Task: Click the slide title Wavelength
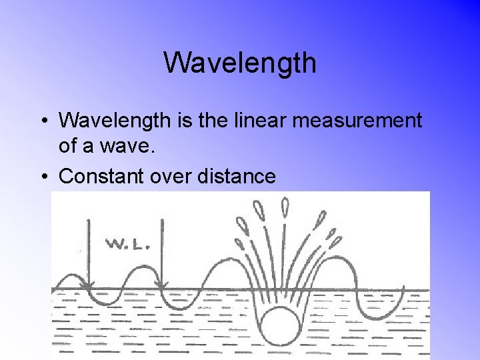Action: (x=240, y=63)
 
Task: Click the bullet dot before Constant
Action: (x=43, y=177)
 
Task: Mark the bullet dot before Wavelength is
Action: (x=43, y=121)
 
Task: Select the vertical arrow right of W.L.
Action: (x=162, y=253)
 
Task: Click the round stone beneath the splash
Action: (x=279, y=326)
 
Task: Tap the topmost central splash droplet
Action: (x=285, y=206)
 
